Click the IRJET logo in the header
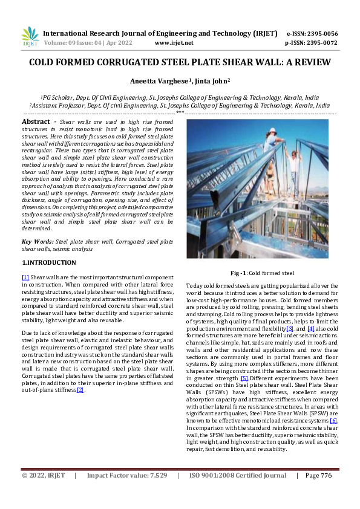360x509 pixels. pos(30,37)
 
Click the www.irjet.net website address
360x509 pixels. pos(174,43)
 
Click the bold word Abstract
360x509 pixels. pos(35,122)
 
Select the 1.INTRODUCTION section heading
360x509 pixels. pos(49,263)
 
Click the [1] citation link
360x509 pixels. pos(25,276)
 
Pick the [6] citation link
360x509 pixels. pos(333,420)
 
